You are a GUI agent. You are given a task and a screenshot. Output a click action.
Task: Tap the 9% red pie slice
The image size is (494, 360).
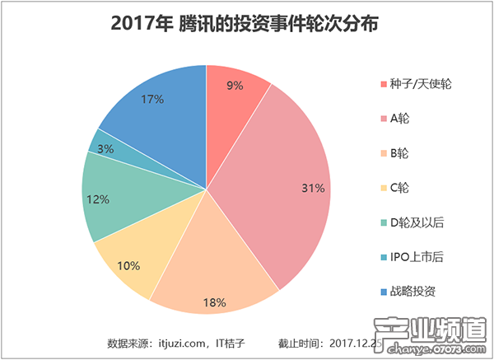[x=235, y=91]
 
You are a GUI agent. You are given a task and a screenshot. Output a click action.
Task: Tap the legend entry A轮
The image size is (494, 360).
[x=399, y=119]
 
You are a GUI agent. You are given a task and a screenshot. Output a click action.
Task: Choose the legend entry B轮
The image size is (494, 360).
[x=399, y=153]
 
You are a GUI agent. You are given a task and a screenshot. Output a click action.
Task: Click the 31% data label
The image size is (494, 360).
[x=313, y=189]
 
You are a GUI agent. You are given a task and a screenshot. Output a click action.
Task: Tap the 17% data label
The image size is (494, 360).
[x=152, y=99]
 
